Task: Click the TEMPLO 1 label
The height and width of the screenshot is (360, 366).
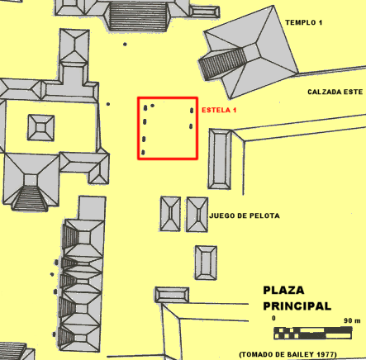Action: coord(303,22)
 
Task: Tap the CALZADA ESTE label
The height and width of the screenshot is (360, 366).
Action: coord(335,92)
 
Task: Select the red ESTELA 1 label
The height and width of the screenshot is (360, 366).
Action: coord(219,110)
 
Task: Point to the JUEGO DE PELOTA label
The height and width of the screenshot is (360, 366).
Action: coord(245,216)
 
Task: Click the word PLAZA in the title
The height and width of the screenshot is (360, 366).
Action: coord(283,290)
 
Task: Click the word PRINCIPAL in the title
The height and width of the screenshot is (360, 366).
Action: coord(297,306)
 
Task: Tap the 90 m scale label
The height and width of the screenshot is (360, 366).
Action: coord(352,320)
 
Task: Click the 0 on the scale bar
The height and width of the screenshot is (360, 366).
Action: coord(273,318)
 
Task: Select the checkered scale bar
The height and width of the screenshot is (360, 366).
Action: coord(313,333)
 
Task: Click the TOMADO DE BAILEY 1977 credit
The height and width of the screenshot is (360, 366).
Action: coord(288,354)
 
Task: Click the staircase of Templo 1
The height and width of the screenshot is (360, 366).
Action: coord(222,64)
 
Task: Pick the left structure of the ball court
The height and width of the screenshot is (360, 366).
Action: coord(170,214)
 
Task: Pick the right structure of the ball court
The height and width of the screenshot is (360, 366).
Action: coord(197,215)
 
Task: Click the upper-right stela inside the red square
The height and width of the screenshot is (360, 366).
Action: coord(192,111)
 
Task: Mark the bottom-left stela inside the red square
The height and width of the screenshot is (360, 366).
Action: coord(143,152)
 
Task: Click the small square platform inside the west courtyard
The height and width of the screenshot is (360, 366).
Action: coord(41,128)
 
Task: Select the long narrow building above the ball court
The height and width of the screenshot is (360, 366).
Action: coord(220,159)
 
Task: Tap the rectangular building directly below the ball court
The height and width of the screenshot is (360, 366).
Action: coord(206,263)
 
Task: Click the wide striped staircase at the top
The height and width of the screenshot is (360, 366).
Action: coord(138,17)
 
